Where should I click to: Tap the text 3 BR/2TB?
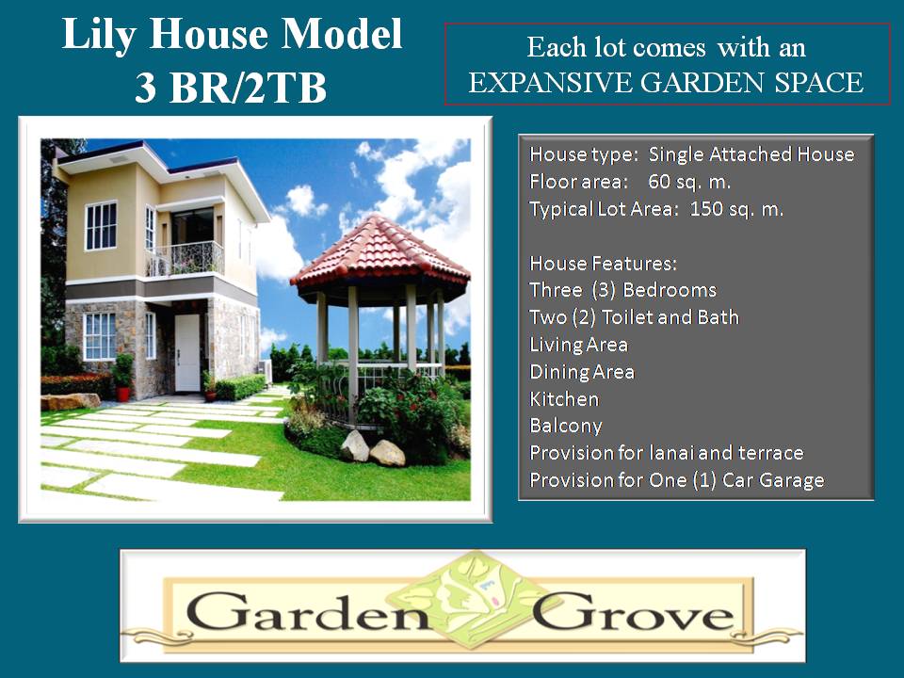[231, 89]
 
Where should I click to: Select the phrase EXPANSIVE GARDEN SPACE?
[666, 83]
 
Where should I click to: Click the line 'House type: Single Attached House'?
[691, 154]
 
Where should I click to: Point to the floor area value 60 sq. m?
[689, 182]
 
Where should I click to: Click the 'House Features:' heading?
[603, 263]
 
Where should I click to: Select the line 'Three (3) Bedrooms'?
[622, 290]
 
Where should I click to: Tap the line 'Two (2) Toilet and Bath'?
[634, 317]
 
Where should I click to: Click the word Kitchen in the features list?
[564, 399]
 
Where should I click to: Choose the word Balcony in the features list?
[565, 426]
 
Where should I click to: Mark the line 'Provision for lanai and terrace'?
[666, 453]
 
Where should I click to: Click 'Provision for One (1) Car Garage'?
[676, 480]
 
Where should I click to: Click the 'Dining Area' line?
[582, 372]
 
